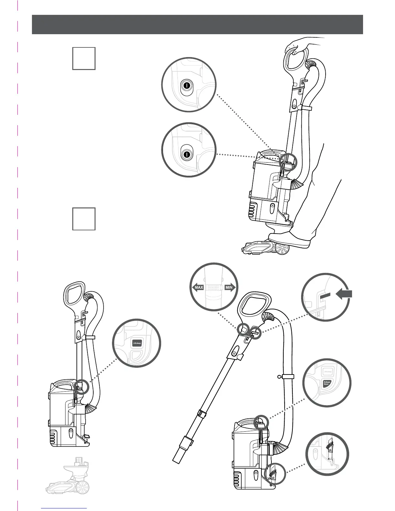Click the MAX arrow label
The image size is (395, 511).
(x=198, y=287)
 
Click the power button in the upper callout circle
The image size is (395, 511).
(x=187, y=85)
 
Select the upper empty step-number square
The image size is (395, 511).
(x=84, y=58)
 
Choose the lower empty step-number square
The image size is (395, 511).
(x=84, y=219)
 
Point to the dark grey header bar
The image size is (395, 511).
(x=197, y=24)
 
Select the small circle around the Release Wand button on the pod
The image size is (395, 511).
(x=261, y=422)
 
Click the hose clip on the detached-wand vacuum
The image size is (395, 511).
(x=288, y=376)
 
